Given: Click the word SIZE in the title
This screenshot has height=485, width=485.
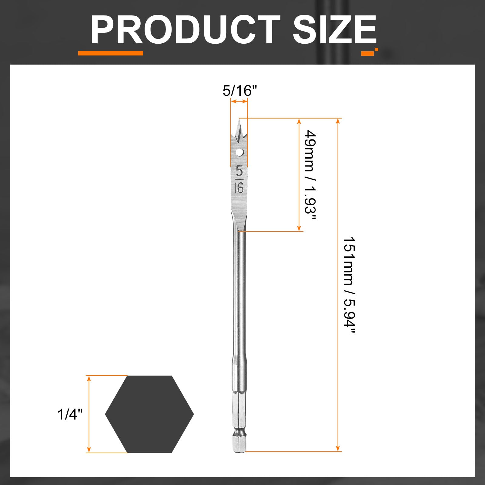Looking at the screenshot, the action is tap(335, 29).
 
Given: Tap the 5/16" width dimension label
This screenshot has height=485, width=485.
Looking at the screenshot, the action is tap(240, 91).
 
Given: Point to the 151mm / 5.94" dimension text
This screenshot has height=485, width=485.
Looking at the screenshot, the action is tap(349, 285).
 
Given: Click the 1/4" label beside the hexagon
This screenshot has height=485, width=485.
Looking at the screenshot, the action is tap(70, 414).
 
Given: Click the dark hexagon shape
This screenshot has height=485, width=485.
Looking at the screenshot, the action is tap(149, 414).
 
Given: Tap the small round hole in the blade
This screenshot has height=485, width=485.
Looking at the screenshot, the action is tap(239, 152).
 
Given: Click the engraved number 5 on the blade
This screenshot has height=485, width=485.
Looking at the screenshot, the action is tap(239, 171).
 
